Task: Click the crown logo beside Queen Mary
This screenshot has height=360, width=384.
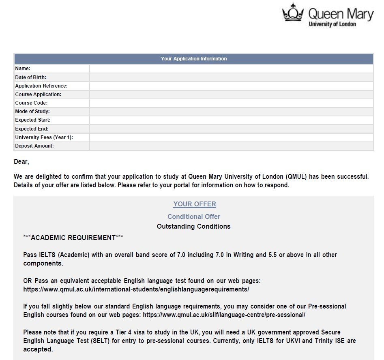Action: click(x=293, y=13)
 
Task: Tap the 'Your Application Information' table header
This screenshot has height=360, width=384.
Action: click(x=194, y=59)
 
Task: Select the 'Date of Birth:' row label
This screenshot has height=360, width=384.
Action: click(x=31, y=77)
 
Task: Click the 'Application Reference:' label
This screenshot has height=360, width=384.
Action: click(x=41, y=86)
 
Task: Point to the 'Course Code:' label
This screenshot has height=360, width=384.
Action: click(x=31, y=103)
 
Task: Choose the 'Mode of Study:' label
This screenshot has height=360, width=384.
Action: click(x=32, y=111)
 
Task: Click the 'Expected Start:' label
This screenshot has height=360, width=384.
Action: click(x=33, y=120)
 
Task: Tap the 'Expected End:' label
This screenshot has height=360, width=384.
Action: click(x=32, y=129)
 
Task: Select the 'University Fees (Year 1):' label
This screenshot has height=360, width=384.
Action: click(x=44, y=137)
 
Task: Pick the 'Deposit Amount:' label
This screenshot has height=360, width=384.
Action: click(x=34, y=146)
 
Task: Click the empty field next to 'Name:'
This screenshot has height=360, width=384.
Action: click(x=231, y=69)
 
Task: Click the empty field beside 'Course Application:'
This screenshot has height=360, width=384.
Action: click(x=231, y=94)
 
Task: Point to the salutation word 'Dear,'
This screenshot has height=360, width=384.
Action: click(x=21, y=162)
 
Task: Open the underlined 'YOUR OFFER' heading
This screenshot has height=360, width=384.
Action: click(x=195, y=204)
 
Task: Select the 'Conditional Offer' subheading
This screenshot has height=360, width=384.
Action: click(x=194, y=216)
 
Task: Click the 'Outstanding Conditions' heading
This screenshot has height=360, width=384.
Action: click(x=193, y=226)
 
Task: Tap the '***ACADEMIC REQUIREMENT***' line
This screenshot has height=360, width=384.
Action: click(x=73, y=238)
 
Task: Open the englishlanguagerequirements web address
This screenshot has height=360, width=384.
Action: click(x=136, y=289)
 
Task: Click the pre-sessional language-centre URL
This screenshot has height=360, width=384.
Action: click(x=224, y=315)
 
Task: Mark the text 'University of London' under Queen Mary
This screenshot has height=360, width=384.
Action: click(x=332, y=24)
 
